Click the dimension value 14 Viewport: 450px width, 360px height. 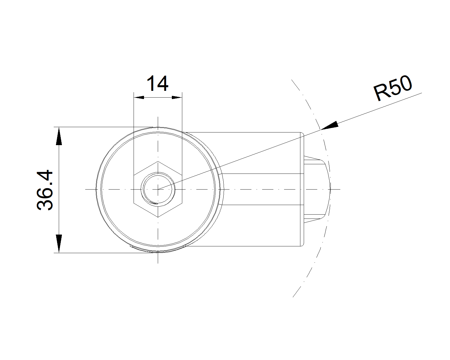157,84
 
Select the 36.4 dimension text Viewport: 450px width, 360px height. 45,190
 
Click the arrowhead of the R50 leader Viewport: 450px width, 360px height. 329,125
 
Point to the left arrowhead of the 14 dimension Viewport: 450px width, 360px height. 139,98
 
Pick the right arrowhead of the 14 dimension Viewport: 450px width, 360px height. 177,98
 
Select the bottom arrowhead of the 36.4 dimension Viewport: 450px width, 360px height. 59,244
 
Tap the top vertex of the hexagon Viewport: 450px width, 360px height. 158,161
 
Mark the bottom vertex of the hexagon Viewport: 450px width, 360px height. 158,217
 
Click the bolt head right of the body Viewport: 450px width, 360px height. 317,189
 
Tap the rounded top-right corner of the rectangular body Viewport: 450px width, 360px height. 302,134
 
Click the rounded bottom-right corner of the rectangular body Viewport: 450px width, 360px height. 302,245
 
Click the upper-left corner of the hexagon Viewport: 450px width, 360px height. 134,175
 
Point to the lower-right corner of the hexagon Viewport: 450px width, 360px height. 182,203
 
